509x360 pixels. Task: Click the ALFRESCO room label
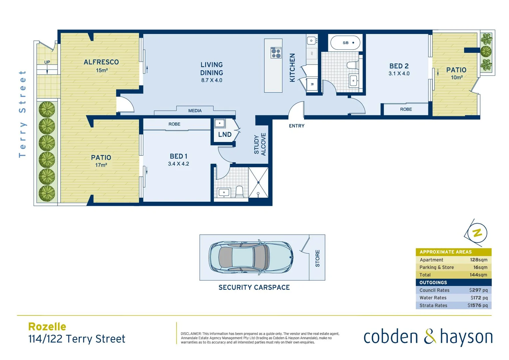[101, 62]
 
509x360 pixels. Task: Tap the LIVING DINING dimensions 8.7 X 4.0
[212, 80]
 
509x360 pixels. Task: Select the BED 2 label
[399, 66]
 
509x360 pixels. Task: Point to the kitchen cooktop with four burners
[276, 53]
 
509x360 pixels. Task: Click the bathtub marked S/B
[345, 43]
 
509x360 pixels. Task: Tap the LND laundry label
[225, 135]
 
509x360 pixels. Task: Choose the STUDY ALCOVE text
[260, 144]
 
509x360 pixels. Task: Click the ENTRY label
[296, 126]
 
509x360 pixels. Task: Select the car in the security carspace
[251, 257]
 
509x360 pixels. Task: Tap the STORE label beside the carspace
[317, 258]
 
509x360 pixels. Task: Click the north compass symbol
[477, 233]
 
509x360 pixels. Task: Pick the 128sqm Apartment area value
[478, 260]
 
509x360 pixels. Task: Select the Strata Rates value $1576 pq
[477, 305]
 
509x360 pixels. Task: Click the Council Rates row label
[434, 290]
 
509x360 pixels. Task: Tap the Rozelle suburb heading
[47, 327]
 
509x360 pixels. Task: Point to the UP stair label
[47, 62]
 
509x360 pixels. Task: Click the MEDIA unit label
[195, 111]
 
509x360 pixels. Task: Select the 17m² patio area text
[101, 165]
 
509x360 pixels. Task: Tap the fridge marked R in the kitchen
[312, 84]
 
